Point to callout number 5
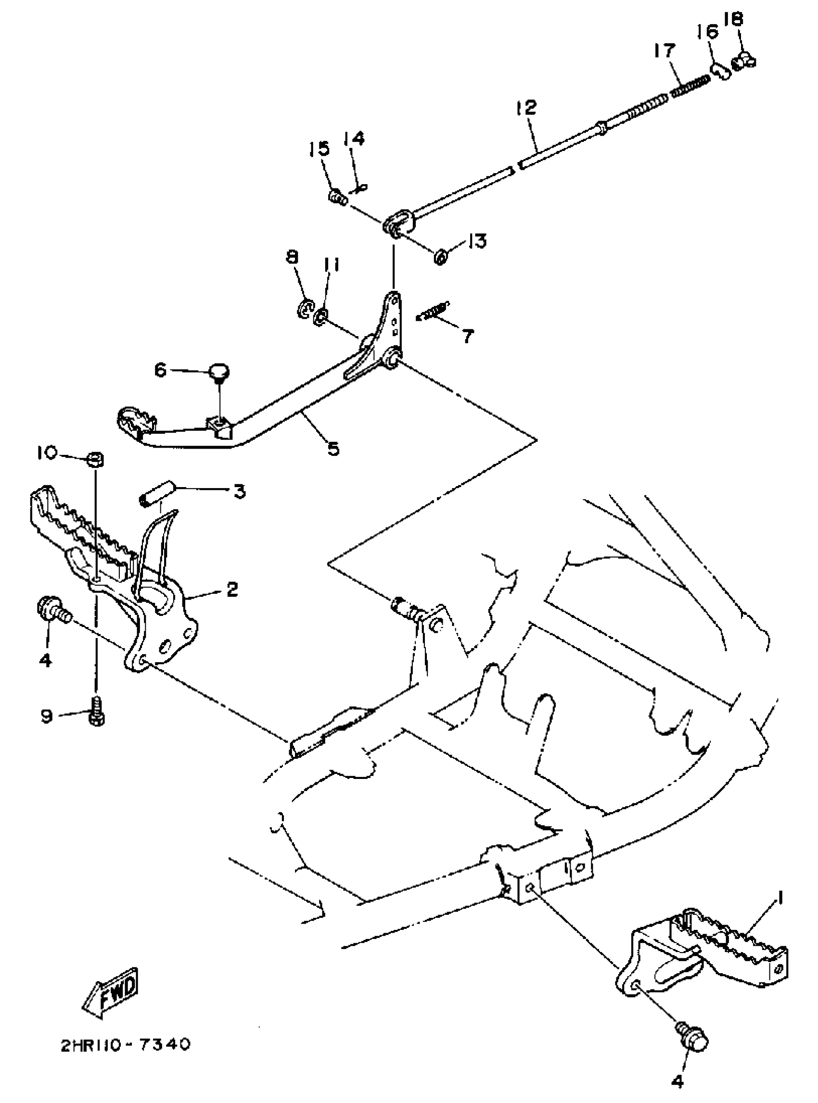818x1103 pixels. (333, 448)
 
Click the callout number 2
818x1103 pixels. (232, 589)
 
